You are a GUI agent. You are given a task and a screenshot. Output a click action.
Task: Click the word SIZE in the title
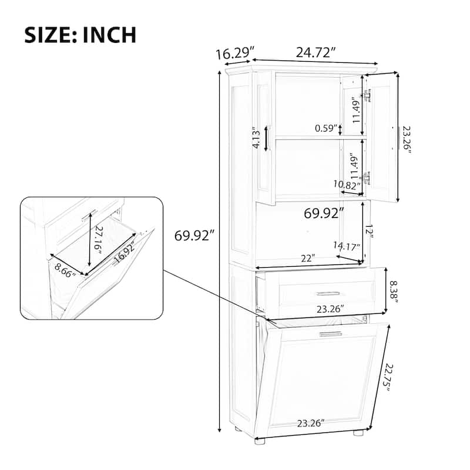49,35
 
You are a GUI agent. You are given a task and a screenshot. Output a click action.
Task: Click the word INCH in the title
109,35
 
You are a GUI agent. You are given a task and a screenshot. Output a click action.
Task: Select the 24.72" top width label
315,53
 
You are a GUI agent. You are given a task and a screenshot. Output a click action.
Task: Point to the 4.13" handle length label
256,139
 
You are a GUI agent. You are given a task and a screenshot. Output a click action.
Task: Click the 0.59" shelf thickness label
326,128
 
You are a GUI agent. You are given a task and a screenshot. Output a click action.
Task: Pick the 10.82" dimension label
347,184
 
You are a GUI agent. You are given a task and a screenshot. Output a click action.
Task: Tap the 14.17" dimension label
347,247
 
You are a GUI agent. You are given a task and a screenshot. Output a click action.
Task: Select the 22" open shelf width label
308,258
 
